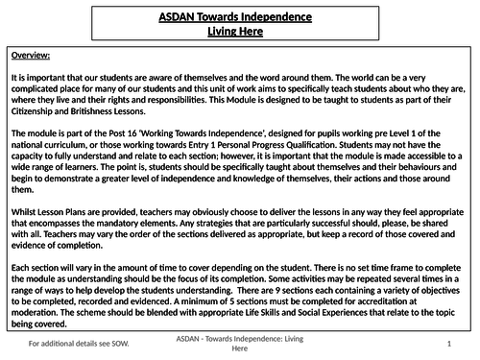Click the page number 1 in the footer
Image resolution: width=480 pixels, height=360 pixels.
(449, 343)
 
